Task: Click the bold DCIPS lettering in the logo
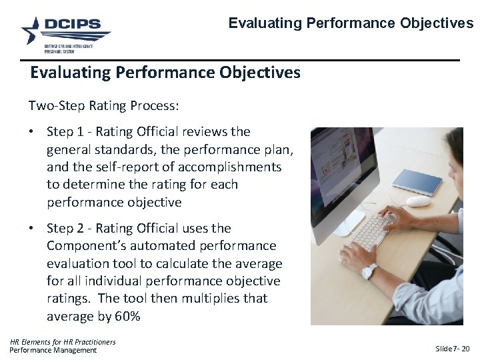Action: [x=73, y=25]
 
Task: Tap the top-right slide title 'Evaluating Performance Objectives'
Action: [x=351, y=23]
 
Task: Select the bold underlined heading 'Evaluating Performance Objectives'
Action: [x=165, y=72]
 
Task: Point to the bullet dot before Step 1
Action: [x=32, y=132]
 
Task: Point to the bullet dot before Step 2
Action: [x=32, y=229]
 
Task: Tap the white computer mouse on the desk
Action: [x=418, y=201]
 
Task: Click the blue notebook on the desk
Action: [x=417, y=180]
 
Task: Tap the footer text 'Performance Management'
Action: [x=53, y=351]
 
